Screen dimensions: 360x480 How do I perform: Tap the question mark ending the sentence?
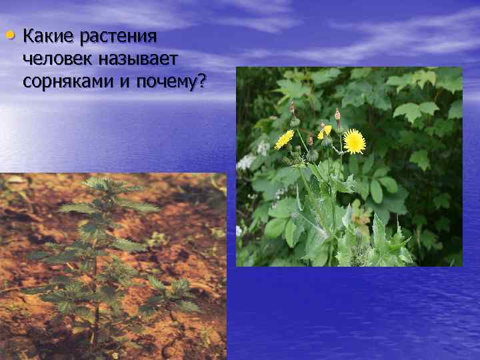[202, 82]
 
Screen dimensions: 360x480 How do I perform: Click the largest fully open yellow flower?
[354, 141]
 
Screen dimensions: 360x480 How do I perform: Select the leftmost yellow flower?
[285, 139]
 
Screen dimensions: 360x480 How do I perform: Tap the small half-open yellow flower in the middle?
[324, 132]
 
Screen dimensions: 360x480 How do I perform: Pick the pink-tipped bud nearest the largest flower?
[337, 115]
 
